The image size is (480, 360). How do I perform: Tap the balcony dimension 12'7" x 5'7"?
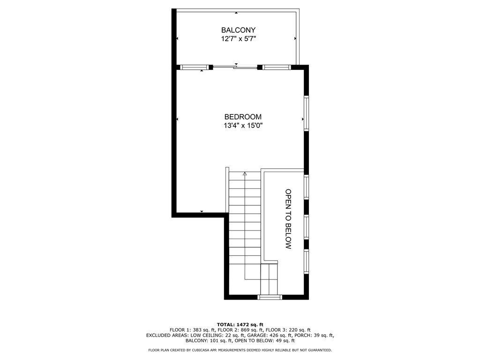239,39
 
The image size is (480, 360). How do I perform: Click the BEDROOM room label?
243,117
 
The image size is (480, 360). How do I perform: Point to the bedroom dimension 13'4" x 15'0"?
243,126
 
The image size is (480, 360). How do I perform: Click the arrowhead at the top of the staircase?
245,174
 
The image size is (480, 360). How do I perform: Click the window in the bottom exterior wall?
269,297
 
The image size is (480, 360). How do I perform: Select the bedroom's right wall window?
307,113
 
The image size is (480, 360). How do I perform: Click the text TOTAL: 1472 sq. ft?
240,324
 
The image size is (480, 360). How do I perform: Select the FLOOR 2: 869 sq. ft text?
240,330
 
